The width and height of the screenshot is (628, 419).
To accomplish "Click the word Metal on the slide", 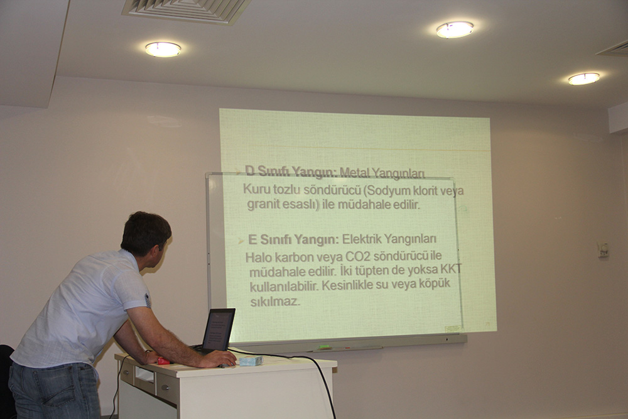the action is (x=354, y=173).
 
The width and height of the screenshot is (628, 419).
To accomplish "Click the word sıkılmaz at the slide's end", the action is (x=275, y=302).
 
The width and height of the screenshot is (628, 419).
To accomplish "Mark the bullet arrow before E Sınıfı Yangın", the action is (x=241, y=241).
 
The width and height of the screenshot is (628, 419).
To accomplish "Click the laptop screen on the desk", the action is (x=219, y=329).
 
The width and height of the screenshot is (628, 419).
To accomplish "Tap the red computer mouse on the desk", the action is (x=163, y=361).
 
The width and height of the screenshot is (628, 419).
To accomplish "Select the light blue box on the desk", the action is (x=251, y=361).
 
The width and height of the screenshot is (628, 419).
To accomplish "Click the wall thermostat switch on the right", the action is (x=603, y=249).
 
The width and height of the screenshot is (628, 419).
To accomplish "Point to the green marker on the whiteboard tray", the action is (x=325, y=347).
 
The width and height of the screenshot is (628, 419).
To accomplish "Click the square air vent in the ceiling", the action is (x=187, y=11).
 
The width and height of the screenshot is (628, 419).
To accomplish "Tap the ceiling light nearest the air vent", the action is (x=163, y=49).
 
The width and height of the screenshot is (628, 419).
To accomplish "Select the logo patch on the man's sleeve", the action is (x=148, y=300).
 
